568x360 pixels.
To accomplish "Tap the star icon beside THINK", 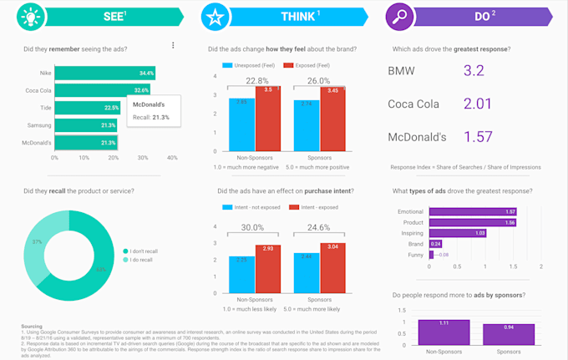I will pos(216,17).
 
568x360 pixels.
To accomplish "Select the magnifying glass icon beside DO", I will pos(398,17).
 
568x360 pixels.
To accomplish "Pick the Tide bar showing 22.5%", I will pos(88,108).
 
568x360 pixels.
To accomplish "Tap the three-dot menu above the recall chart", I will pos(173,45).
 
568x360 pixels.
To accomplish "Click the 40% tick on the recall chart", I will pos(172,157).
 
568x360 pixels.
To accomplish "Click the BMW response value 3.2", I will pos(474,71).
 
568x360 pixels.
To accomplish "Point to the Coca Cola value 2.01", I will pos(477,104).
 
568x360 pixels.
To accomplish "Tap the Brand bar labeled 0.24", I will pos(434,244).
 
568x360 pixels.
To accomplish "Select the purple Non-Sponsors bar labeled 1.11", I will pos(444,332).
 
